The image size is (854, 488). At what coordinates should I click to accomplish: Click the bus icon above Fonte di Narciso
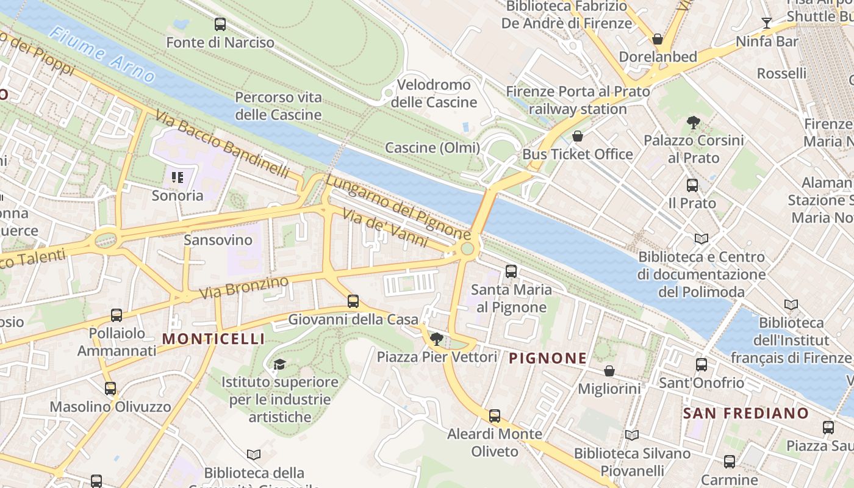click(x=220, y=24)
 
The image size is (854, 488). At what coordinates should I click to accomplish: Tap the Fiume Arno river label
click(x=102, y=54)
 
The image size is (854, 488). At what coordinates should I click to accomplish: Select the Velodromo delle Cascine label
click(x=434, y=93)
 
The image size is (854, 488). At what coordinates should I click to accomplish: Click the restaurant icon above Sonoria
click(x=178, y=178)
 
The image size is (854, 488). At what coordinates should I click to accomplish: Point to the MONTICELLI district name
click(x=213, y=339)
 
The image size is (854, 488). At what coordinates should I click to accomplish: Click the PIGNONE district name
click(x=548, y=358)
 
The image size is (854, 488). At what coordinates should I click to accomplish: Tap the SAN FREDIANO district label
click(x=745, y=413)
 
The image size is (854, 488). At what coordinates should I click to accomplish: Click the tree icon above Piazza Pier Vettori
click(x=436, y=339)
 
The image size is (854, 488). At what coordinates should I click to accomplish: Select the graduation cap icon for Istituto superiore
click(x=279, y=364)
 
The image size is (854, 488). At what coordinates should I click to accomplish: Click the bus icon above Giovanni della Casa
click(x=353, y=301)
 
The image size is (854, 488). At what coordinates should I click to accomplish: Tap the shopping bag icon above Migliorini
click(x=609, y=371)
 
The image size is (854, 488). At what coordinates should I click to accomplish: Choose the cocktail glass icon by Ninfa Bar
click(x=767, y=24)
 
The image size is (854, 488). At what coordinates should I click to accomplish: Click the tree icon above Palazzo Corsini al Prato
click(x=693, y=123)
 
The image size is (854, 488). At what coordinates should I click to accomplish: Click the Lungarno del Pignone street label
click(x=398, y=206)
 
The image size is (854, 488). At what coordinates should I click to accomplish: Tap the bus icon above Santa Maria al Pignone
click(x=511, y=271)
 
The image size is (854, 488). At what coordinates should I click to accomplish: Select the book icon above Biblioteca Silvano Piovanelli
click(x=632, y=436)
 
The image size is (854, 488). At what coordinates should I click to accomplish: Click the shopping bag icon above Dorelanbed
click(x=658, y=39)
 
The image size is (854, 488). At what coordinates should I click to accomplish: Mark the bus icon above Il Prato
click(x=692, y=185)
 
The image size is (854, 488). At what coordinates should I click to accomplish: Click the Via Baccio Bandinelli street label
click(x=222, y=144)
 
